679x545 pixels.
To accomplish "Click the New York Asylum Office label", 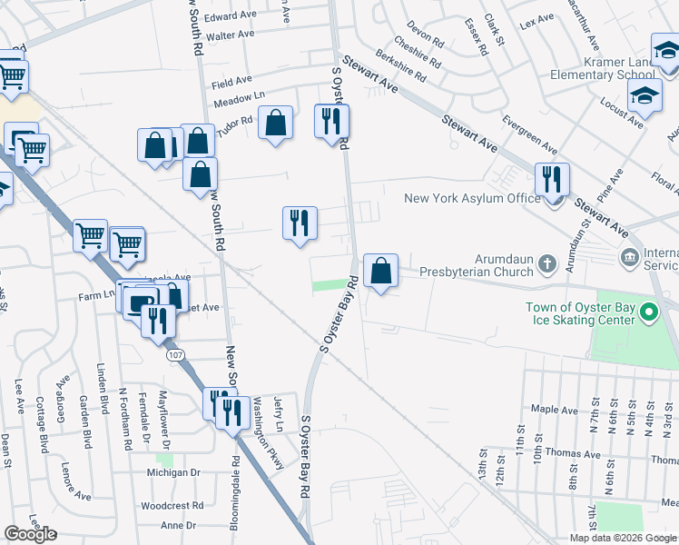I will (x=472, y=198).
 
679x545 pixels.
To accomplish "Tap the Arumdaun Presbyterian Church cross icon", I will (x=546, y=264).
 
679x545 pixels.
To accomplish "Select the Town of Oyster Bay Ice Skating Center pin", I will (x=648, y=314).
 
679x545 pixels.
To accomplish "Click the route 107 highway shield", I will (x=176, y=355).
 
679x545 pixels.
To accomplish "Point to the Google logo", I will (x=30, y=533).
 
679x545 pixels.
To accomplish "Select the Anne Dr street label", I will (x=178, y=525).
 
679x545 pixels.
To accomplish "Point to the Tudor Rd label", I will (x=234, y=123).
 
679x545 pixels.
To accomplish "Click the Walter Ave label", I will (x=231, y=35).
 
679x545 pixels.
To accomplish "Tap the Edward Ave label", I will (x=231, y=16).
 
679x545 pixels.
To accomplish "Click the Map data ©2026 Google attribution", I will (x=623, y=538).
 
